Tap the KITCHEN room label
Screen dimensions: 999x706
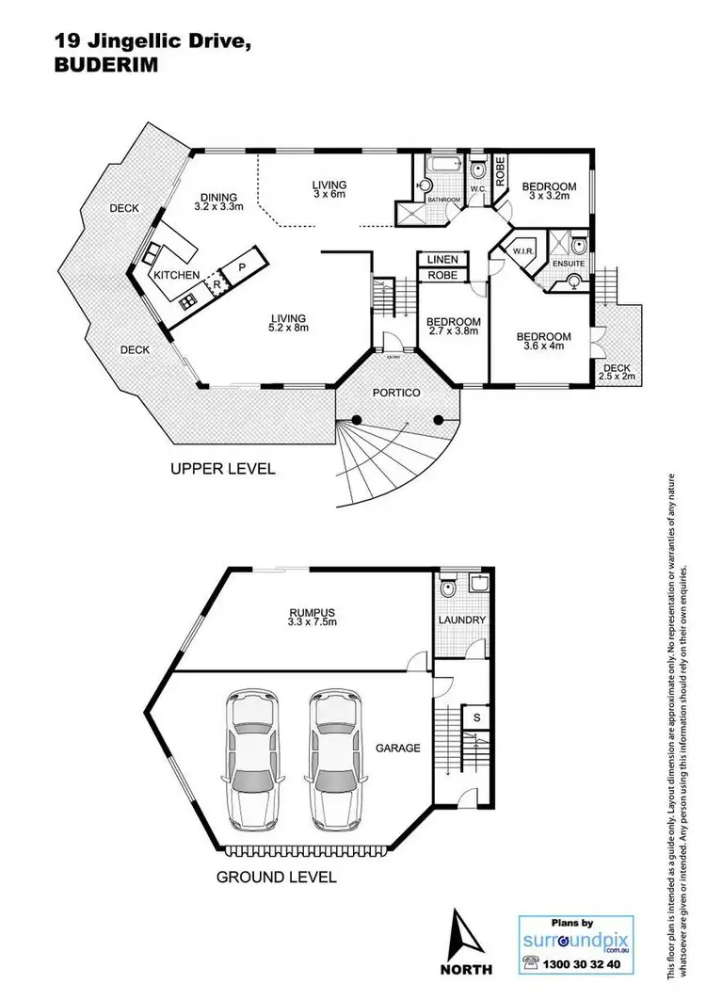[177, 274]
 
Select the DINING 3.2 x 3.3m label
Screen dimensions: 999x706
[218, 201]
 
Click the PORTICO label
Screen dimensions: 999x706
[393, 392]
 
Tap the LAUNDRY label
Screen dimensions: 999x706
[462, 620]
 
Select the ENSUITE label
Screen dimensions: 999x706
[567, 266]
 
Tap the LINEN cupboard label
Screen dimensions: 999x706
[441, 259]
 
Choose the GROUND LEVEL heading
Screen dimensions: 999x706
[277, 877]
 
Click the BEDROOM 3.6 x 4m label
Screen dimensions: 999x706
[543, 342]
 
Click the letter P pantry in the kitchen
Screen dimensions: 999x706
[241, 266]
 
